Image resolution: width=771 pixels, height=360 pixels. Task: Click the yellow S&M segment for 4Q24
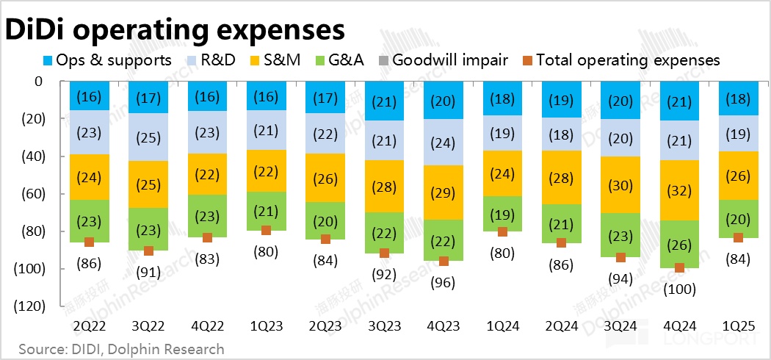point(679,190)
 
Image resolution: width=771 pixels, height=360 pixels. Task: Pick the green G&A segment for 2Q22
point(89,220)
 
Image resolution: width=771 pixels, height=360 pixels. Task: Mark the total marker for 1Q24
point(502,231)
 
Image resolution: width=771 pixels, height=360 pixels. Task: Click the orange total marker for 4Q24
point(679,268)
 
